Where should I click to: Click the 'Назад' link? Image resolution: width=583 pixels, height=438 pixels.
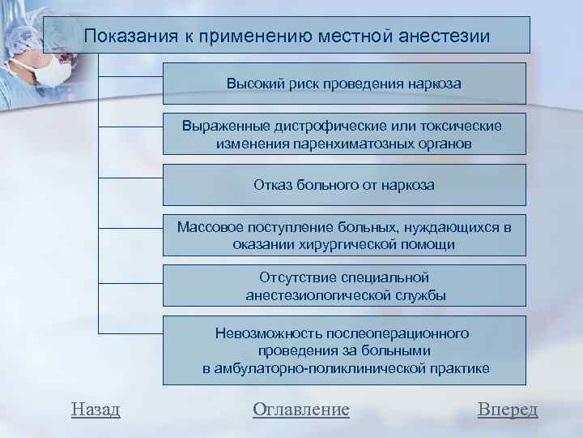click(x=96, y=410)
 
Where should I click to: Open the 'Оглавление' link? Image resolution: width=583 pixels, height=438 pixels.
click(x=301, y=410)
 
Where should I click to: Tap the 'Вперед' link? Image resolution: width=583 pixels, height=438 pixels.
click(x=508, y=410)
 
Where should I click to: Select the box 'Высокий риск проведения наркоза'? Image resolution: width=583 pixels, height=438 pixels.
click(x=344, y=84)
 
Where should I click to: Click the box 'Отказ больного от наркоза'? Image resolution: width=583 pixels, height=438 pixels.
click(x=344, y=185)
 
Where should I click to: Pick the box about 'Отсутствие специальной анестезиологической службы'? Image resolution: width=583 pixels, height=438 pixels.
click(x=344, y=286)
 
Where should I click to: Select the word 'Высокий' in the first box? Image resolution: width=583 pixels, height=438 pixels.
click(x=252, y=84)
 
